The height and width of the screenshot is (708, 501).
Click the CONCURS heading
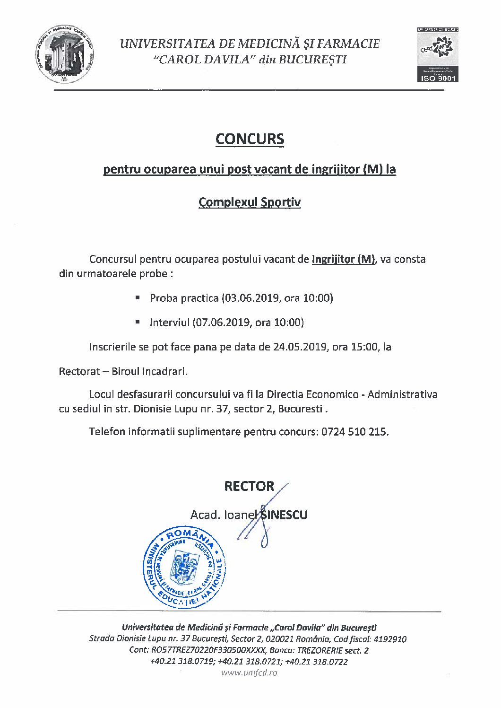250,139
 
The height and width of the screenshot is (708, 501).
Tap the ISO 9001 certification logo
437,54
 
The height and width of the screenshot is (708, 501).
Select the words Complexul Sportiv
250,202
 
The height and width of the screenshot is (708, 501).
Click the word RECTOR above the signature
249,486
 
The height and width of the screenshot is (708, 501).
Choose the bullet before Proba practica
138,298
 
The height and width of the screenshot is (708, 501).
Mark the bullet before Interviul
138,322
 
